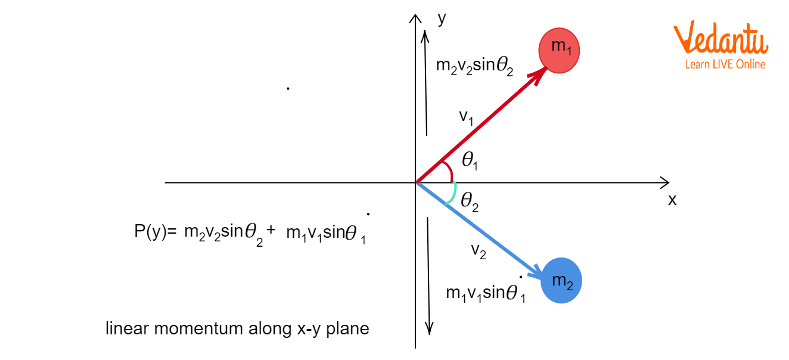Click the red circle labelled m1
(559, 50)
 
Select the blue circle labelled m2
(561, 280)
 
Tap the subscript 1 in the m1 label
(569, 52)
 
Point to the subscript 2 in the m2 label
(570, 286)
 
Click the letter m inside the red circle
(558, 45)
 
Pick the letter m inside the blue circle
(558, 280)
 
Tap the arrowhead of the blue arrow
(536, 274)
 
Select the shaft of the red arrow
(477, 129)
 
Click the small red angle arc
(449, 169)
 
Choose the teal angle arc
(453, 194)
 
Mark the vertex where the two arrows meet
(417, 182)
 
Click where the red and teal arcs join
(453, 181)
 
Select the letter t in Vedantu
(747, 41)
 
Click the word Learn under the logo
(697, 64)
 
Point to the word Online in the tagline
(751, 64)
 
